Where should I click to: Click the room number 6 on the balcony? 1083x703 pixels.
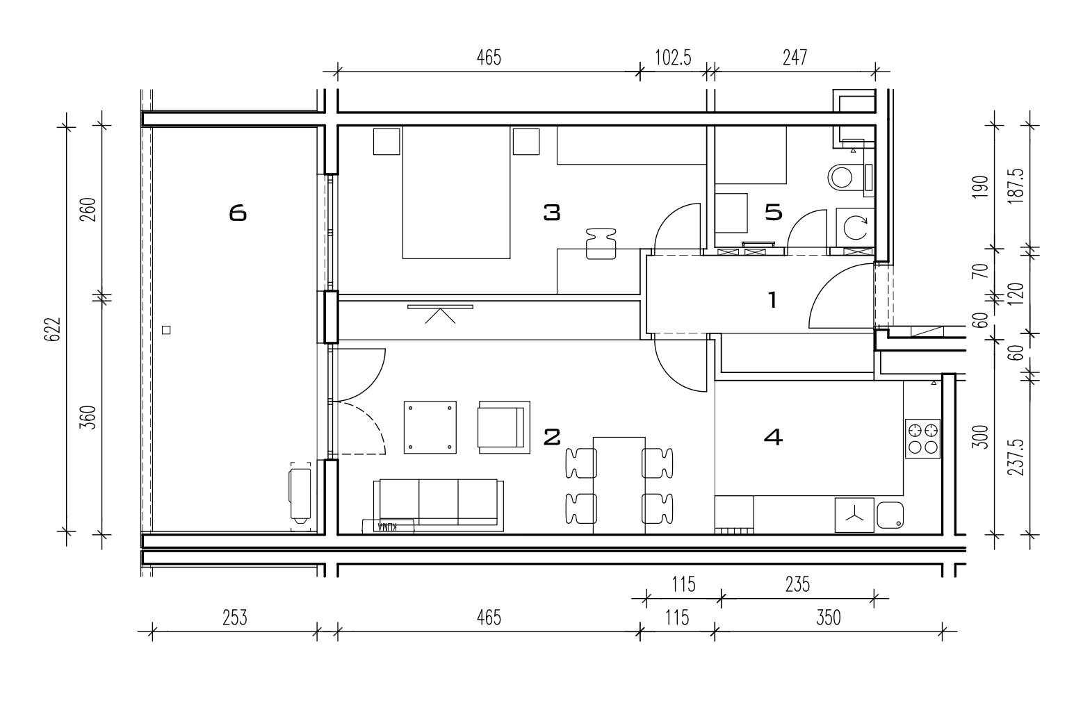(x=238, y=213)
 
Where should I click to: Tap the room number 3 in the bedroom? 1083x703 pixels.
(x=552, y=213)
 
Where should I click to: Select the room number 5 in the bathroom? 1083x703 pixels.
(x=774, y=213)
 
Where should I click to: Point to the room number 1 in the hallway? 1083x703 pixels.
(x=772, y=300)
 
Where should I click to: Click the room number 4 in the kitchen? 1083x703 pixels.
(x=773, y=437)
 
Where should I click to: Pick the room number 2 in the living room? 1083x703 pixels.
(x=552, y=437)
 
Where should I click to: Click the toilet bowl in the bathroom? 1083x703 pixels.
(x=841, y=178)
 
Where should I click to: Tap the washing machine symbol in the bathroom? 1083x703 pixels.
(x=855, y=228)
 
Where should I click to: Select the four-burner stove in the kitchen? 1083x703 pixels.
(x=922, y=439)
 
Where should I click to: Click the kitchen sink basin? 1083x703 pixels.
(x=890, y=515)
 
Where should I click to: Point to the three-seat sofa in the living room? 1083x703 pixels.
(x=439, y=506)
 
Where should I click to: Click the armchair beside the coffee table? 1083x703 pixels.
(x=504, y=428)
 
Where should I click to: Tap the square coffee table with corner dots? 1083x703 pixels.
(x=430, y=427)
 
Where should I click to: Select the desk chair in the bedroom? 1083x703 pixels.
(x=601, y=244)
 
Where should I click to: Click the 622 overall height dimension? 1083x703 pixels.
(x=53, y=329)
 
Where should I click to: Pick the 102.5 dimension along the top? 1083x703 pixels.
(x=673, y=58)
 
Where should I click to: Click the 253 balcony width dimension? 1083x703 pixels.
(x=235, y=618)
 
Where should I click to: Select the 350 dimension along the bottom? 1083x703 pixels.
(x=829, y=618)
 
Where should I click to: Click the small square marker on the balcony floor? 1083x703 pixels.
(x=166, y=330)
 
